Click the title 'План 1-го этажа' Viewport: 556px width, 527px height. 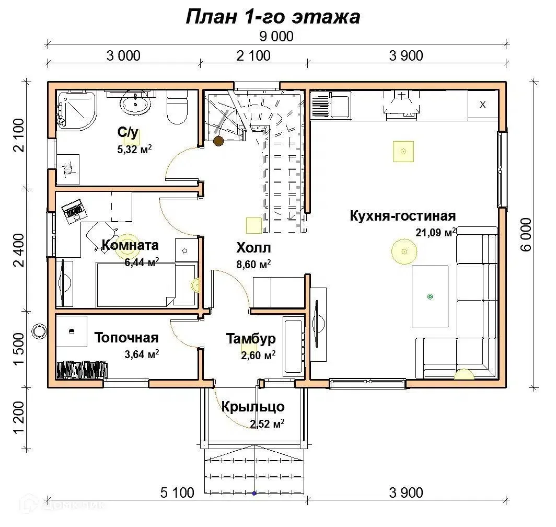point(273,17)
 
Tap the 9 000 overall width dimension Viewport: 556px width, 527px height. point(276,36)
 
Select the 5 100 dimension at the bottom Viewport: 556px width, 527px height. point(177,492)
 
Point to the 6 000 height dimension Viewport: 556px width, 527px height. point(526,235)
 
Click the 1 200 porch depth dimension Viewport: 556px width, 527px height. point(19,417)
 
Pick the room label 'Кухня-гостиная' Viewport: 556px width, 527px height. point(403,216)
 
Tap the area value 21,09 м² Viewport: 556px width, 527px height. point(436,232)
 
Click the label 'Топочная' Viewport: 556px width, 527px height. point(126,338)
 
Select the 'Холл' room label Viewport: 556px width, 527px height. point(253,248)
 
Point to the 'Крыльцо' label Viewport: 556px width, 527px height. point(253,407)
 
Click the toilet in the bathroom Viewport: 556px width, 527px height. point(177,107)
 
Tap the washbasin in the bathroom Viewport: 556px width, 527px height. point(135,104)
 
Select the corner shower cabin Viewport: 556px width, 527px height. point(76,109)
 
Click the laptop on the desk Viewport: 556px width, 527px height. point(74,212)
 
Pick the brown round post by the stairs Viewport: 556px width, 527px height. point(218,141)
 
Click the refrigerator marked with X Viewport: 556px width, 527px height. point(483,105)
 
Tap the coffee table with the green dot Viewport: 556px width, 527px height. point(430,296)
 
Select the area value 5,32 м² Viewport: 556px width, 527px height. point(134,150)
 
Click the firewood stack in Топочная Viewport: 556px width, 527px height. point(82,370)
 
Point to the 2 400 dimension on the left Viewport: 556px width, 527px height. point(19,250)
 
